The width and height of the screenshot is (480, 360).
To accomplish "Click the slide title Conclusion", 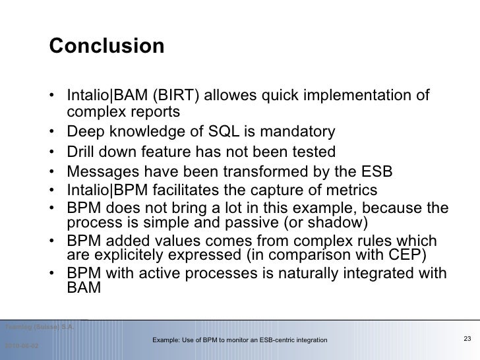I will (x=106, y=46).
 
